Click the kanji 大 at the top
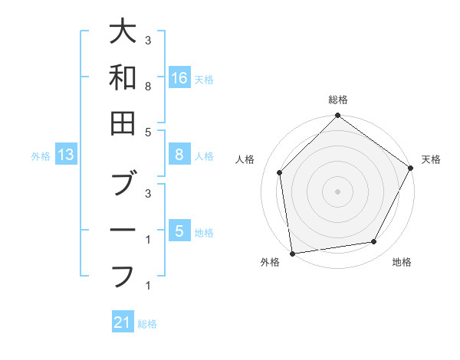pyautogui.click(x=123, y=33)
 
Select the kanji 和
pyautogui.click(x=123, y=77)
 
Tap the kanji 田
pyautogui.click(x=123, y=123)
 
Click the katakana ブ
pyautogui.click(x=123, y=184)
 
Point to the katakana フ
pyautogui.click(x=123, y=275)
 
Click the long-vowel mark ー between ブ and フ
pyautogui.click(x=123, y=231)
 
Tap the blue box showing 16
pyautogui.click(x=179, y=77)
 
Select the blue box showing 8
pyautogui.click(x=179, y=155)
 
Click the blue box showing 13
pyautogui.click(x=66, y=155)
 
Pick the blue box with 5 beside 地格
pyautogui.click(x=179, y=231)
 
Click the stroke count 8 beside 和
pyautogui.click(x=147, y=87)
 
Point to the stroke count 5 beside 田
pyautogui.click(x=147, y=133)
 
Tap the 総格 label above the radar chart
pyautogui.click(x=337, y=100)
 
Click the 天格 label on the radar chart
pyautogui.click(x=431, y=159)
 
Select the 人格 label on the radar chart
pyautogui.click(x=246, y=159)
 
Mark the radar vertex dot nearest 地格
pyautogui.click(x=374, y=242)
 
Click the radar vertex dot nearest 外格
pyautogui.click(x=292, y=253)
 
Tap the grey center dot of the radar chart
pyautogui.click(x=337, y=191)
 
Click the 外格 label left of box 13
pyautogui.click(x=41, y=156)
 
